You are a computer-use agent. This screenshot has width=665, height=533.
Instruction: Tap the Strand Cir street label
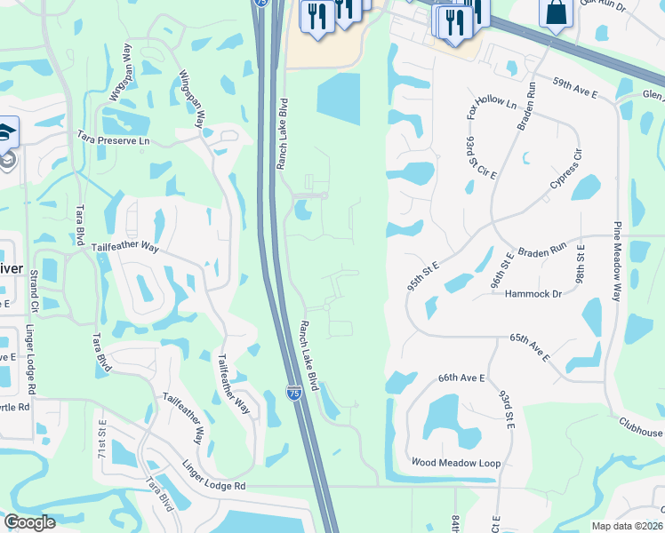click(35, 292)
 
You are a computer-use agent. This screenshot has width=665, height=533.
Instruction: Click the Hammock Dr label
click(533, 293)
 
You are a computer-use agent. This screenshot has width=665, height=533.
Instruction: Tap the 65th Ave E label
click(530, 347)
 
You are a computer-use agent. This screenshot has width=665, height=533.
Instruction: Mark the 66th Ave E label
click(461, 378)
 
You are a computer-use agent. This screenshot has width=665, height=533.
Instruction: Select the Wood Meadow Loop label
click(456, 463)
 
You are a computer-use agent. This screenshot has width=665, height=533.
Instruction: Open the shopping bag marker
click(556, 12)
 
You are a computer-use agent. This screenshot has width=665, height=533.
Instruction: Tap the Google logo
click(29, 522)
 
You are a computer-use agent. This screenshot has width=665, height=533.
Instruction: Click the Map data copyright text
click(627, 526)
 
